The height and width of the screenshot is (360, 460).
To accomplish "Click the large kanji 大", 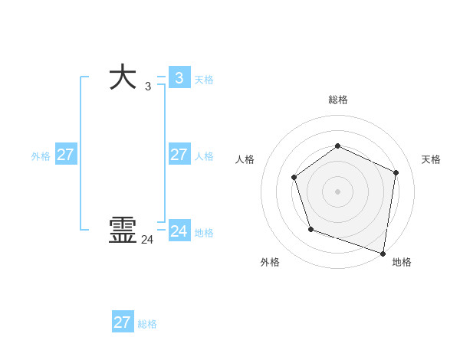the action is point(123,78).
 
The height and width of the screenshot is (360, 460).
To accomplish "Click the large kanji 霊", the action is point(123,230).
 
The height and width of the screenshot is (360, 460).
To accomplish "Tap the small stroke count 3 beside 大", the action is point(148,87).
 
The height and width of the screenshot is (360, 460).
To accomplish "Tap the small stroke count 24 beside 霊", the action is point(148,240).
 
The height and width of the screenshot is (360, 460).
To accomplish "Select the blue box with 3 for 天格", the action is point(179,78).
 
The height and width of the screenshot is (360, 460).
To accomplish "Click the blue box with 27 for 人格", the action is point(179,155).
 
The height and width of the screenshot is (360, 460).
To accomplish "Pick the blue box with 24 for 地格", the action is point(179,231).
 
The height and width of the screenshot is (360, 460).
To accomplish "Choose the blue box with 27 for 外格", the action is point(65,155).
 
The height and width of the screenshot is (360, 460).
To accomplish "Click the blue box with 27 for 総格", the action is point(122,322).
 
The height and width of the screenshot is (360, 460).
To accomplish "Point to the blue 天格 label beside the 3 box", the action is point(204,80).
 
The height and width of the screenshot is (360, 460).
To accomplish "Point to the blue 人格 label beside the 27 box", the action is point(204,156).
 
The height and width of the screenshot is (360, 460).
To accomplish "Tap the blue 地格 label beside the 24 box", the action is point(204,233).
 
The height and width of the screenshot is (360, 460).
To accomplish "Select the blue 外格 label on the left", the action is point(41,156).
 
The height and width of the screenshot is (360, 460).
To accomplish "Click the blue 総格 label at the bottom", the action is point(147,324).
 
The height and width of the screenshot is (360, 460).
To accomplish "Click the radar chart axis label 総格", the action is point(338,100).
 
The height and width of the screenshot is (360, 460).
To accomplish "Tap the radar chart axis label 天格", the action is point(431,159).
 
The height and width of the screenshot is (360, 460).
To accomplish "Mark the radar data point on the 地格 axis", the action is point(383,253).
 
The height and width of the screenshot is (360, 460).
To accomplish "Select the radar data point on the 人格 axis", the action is point(294,178).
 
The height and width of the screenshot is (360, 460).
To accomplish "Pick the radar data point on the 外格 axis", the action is point(310,229).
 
